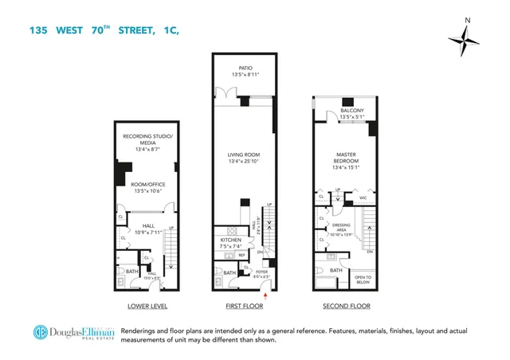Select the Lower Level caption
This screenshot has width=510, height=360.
pyautogui.click(x=147, y=307)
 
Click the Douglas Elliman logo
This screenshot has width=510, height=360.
pyautogui.click(x=74, y=334)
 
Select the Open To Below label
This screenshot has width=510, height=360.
pyautogui.click(x=363, y=279)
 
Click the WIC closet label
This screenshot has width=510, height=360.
pyautogui.click(x=363, y=197)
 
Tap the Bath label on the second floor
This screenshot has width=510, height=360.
pyautogui.click(x=337, y=270)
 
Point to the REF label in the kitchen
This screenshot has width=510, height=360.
pyautogui.click(x=241, y=256)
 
